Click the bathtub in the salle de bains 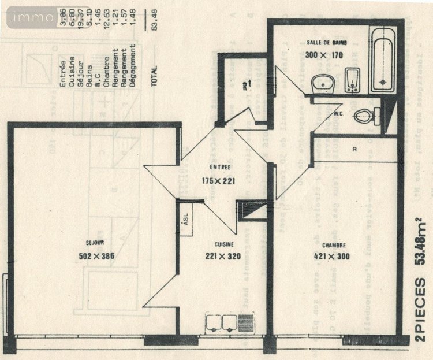tap(382, 60)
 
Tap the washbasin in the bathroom tap(320, 84)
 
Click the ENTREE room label tap(220, 168)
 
